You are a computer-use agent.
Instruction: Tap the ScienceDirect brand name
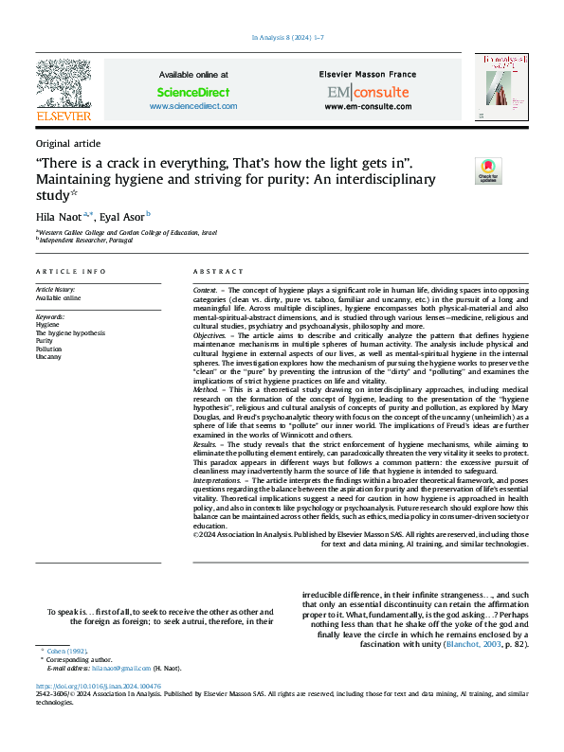[x=193, y=92]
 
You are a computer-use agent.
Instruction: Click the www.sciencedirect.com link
[x=193, y=107]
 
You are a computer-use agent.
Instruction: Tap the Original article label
[x=67, y=143]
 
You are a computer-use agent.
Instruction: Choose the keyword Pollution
[x=49, y=349]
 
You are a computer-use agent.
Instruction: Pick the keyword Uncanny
[x=48, y=358]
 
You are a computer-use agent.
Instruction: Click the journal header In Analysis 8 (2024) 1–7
[x=287, y=37]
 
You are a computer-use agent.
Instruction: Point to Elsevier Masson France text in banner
[x=368, y=73]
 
